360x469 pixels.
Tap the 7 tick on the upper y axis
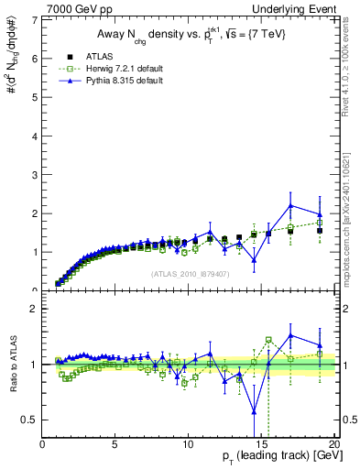point(36,19)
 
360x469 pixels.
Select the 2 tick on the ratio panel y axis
point(36,308)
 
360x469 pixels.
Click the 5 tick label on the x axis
point(115,445)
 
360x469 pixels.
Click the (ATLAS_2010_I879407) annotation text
point(190,272)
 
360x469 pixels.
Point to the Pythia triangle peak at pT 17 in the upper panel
point(290,205)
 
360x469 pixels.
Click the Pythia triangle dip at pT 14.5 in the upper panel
point(254,259)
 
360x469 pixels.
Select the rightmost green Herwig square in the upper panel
point(319,222)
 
